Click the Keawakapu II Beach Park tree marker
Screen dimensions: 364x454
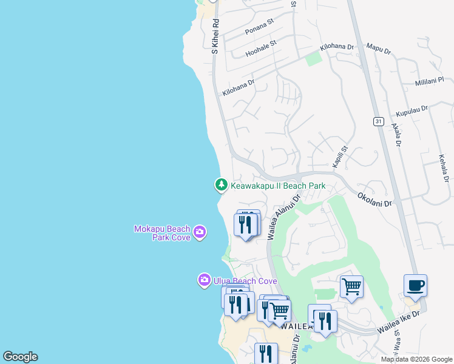tap(222, 184)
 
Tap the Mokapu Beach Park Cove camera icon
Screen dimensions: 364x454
tap(200, 232)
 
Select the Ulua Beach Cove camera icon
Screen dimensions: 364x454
tap(204, 280)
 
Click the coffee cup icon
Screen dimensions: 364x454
tap(415, 286)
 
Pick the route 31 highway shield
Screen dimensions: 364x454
tap(378, 122)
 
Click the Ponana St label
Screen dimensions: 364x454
tap(260, 30)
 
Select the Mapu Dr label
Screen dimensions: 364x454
tap(378, 45)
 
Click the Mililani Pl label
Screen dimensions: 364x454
tap(430, 83)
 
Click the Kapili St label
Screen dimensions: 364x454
tap(339, 157)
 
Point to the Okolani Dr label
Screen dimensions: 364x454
tap(374, 200)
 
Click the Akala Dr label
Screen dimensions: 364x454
tap(396, 135)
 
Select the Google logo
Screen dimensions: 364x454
tap(20, 357)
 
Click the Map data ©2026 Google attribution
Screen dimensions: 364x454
tap(416, 359)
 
